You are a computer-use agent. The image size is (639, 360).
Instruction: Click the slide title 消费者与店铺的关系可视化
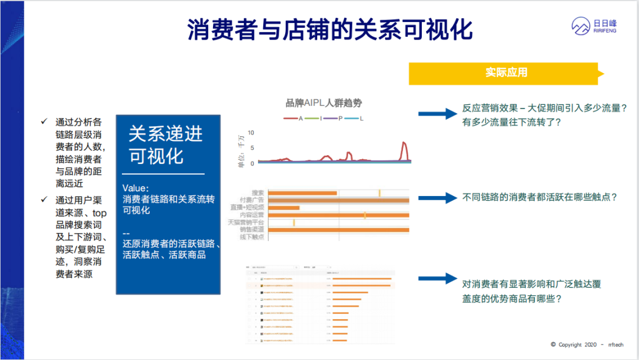pyautogui.click(x=330, y=30)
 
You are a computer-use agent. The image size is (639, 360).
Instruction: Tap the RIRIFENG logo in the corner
pyautogui.click(x=593, y=25)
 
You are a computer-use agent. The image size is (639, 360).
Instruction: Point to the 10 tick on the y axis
pyautogui.click(x=251, y=133)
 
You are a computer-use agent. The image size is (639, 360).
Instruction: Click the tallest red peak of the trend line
pyautogui.click(x=404, y=143)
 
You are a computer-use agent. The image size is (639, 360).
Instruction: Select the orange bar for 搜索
pyautogui.click(x=302, y=193)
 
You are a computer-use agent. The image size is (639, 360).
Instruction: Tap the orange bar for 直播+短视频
pyautogui.click(x=283, y=208)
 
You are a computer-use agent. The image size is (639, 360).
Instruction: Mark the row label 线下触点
pyautogui.click(x=251, y=237)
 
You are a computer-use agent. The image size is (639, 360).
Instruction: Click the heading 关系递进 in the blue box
pyautogui.click(x=166, y=134)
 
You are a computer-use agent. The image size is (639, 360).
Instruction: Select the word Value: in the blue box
pyautogui.click(x=136, y=188)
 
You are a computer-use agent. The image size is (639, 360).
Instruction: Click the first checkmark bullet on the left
pyautogui.click(x=44, y=121)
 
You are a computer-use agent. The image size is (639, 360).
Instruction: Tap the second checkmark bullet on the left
pyautogui.click(x=44, y=200)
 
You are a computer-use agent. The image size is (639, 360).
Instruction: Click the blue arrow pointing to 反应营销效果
pyautogui.click(x=437, y=114)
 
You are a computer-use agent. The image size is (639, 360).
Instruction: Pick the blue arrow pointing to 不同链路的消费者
pyautogui.click(x=437, y=198)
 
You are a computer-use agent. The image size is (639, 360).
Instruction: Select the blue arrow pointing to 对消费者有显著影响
pyautogui.click(x=437, y=279)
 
